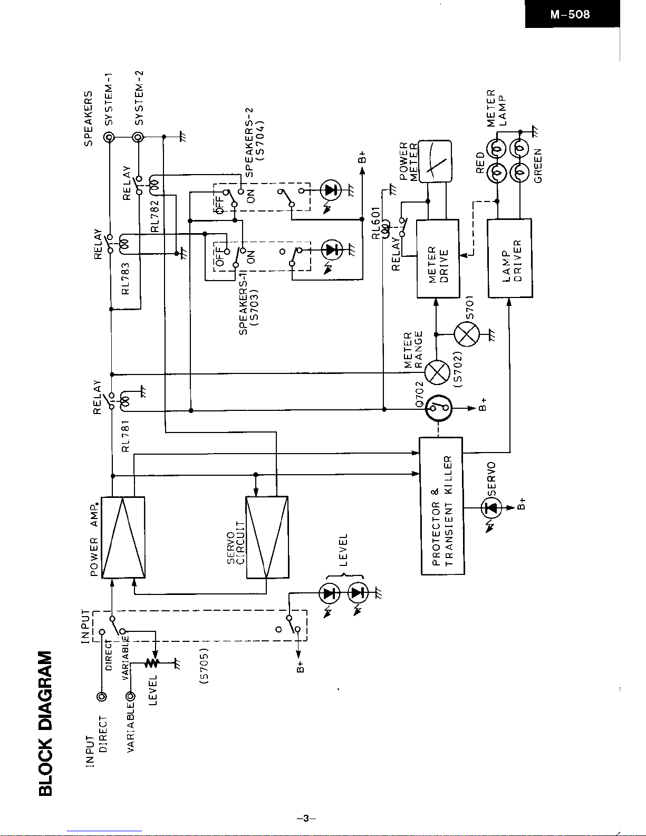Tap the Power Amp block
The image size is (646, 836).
click(x=123, y=537)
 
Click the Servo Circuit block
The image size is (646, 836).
click(x=267, y=537)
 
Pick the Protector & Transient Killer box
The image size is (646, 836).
click(x=442, y=505)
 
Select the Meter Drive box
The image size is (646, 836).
click(x=437, y=258)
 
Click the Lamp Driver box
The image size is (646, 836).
click(x=509, y=258)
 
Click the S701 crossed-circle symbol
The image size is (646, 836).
click(x=467, y=334)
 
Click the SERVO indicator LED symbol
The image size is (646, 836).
click(x=491, y=508)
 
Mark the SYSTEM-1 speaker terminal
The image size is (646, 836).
click(x=110, y=138)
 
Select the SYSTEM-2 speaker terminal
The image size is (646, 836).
click(x=139, y=138)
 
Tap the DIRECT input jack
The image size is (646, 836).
click(x=103, y=697)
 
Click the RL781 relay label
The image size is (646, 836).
click(x=126, y=436)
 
